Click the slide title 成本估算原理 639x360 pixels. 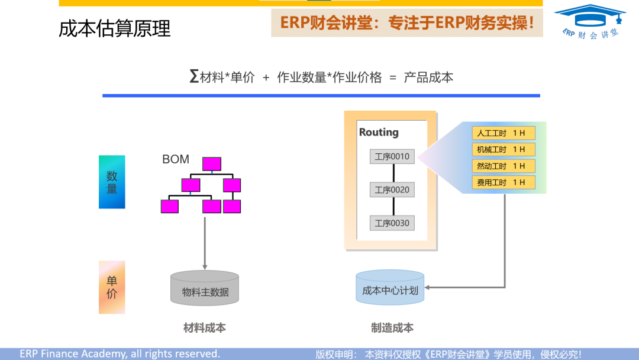coord(115,28)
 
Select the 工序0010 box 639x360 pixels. coord(392,157)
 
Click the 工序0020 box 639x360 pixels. coord(392,190)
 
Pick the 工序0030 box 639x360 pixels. coord(392,223)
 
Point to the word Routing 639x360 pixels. coord(379,132)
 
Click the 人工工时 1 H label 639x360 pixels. coord(503,133)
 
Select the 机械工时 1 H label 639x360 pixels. coord(503,150)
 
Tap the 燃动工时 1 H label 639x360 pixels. coord(503,166)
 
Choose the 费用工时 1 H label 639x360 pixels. coord(503,183)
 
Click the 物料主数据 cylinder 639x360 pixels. coord(205,288)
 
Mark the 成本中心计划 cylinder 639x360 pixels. coord(390,288)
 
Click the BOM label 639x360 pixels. coord(176,159)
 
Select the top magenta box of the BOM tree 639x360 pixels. coord(212,164)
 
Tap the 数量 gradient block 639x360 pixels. coord(112,182)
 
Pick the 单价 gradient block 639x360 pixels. coord(112,287)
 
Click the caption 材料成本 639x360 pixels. coord(205,327)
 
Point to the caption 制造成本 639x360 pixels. coord(392,327)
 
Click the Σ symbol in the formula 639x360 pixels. coord(194,77)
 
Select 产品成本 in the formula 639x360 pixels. coord(428,78)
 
